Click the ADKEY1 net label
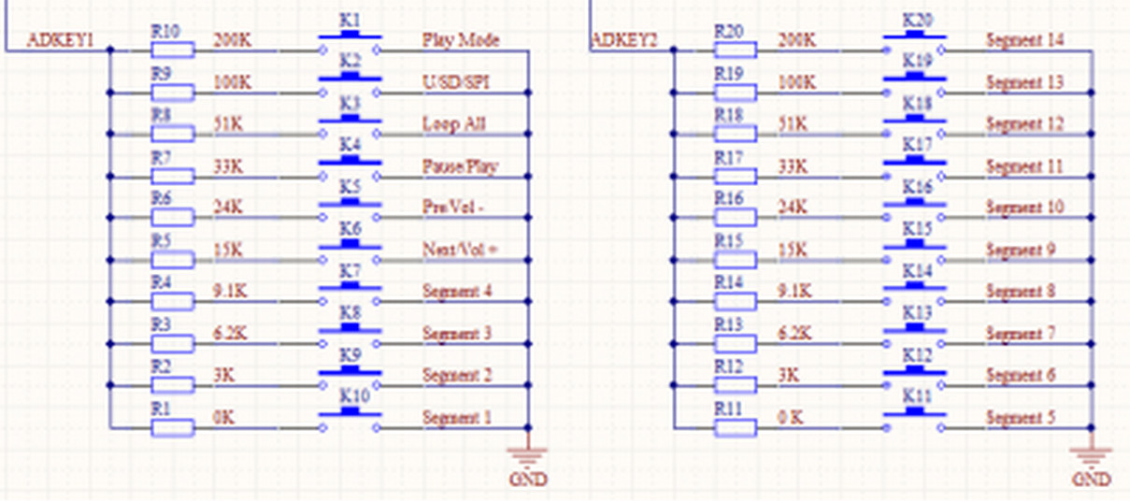click(x=60, y=40)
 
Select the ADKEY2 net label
click(x=624, y=40)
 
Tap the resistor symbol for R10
click(x=173, y=50)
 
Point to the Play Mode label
click(x=461, y=40)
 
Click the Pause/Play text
click(x=460, y=166)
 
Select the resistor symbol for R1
click(x=173, y=428)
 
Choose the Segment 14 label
click(x=1024, y=40)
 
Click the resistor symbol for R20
click(x=736, y=50)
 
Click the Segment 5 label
click(x=1021, y=418)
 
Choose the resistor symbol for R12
click(x=736, y=386)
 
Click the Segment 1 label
click(x=457, y=418)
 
